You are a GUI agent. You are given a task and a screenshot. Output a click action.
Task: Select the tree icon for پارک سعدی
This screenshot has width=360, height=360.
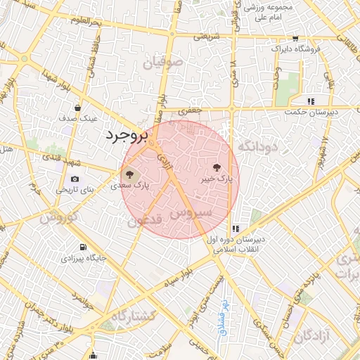coord(129,174)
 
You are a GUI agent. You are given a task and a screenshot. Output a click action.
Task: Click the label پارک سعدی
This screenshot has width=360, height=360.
coord(130,186)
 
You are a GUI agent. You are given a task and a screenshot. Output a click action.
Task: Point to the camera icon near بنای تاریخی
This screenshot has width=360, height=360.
coord(75,179)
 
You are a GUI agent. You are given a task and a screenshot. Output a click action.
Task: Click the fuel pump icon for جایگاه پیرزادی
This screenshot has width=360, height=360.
coord(84,247)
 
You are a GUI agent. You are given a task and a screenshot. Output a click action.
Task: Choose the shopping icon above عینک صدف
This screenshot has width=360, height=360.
coord(78,108)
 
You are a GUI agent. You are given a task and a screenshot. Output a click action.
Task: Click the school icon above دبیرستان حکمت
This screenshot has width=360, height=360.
coord(310,101)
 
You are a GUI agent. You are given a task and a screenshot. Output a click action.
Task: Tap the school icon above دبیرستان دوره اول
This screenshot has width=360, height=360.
coord(235,229)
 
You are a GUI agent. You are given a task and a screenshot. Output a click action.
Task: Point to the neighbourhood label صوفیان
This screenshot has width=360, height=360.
coord(163,64)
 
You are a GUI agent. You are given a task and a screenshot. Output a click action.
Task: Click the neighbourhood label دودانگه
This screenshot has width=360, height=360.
coord(259,146)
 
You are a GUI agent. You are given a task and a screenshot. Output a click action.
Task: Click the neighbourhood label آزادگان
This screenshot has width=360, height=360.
coord(311,336)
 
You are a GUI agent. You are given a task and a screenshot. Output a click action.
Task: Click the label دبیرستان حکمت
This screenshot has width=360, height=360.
coord(311,112)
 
